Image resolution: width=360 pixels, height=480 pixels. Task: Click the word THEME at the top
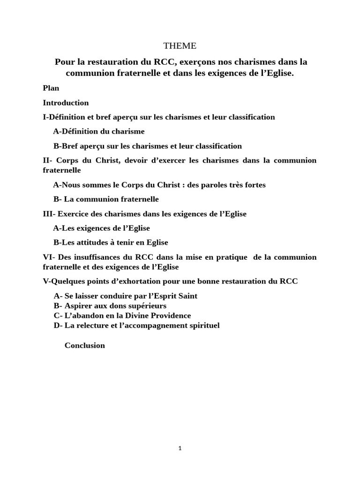(180, 46)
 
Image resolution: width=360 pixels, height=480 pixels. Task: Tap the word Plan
(51, 88)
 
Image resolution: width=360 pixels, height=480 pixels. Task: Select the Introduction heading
(66, 103)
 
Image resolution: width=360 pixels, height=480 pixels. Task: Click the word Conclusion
(85, 345)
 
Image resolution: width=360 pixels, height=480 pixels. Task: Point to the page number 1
(180, 448)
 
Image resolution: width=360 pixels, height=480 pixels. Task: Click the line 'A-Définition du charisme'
(99, 131)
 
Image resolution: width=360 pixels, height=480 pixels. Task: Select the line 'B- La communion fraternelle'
(106, 199)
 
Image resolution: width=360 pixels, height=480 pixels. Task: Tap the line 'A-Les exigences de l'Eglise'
(102, 228)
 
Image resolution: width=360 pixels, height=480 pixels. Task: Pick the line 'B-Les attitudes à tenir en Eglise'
(111, 243)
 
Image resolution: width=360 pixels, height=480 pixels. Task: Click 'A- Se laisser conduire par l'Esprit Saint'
(126, 296)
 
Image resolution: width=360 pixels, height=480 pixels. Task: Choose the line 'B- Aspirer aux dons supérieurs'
(110, 306)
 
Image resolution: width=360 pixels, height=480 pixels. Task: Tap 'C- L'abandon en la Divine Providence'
(122, 316)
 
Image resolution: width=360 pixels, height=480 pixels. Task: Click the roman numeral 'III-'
(49, 214)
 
